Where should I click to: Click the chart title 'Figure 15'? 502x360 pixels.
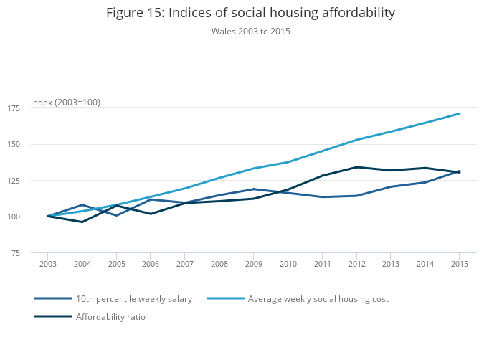point(250,13)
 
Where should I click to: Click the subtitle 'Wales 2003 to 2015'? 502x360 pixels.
point(250,32)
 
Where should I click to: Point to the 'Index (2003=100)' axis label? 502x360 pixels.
point(65,103)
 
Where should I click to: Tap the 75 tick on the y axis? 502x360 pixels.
point(35,253)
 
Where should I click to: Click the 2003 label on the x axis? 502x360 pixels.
point(48,265)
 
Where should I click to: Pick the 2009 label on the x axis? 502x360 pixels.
point(254,265)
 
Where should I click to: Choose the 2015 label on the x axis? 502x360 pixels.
point(460,265)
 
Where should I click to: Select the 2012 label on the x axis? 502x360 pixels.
point(356,265)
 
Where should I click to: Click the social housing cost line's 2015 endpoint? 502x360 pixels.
point(460,113)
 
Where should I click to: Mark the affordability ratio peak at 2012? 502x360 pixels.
point(356,167)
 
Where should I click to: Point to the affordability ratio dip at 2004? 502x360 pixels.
point(82,222)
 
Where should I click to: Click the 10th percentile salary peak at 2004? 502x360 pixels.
point(82,205)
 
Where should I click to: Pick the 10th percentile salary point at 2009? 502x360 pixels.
point(254,189)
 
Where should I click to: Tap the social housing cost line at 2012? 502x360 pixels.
point(356,140)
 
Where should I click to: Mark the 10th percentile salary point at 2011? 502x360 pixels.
point(322,197)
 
